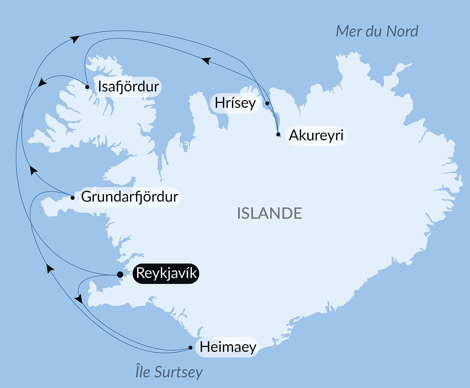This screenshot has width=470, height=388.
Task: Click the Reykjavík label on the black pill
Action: pos(166,273)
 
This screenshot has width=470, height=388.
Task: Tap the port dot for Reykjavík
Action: pos(120,274)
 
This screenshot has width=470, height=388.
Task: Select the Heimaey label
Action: pos(228,347)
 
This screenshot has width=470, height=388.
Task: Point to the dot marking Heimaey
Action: pos(191,348)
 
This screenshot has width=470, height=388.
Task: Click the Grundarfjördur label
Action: pos(130,197)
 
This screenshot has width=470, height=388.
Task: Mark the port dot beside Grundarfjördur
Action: pos(72,198)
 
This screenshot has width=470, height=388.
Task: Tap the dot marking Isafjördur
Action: pos(87,87)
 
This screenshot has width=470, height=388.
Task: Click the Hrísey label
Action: pos(235,103)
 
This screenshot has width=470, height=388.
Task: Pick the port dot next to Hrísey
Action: pos(267,103)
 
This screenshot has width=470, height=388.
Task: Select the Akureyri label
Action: pos(316,135)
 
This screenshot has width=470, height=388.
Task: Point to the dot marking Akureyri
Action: pos(278,134)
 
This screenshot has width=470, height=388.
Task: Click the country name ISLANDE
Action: pos(269,213)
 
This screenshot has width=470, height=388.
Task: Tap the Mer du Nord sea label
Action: pos(377,31)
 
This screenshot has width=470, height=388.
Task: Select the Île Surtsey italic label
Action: pos(169,372)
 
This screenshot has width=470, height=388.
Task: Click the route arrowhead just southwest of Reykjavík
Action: pos(79,299)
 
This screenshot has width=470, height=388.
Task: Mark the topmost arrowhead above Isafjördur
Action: pos(75,39)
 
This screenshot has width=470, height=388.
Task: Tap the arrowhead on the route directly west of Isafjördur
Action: pos(42,82)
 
